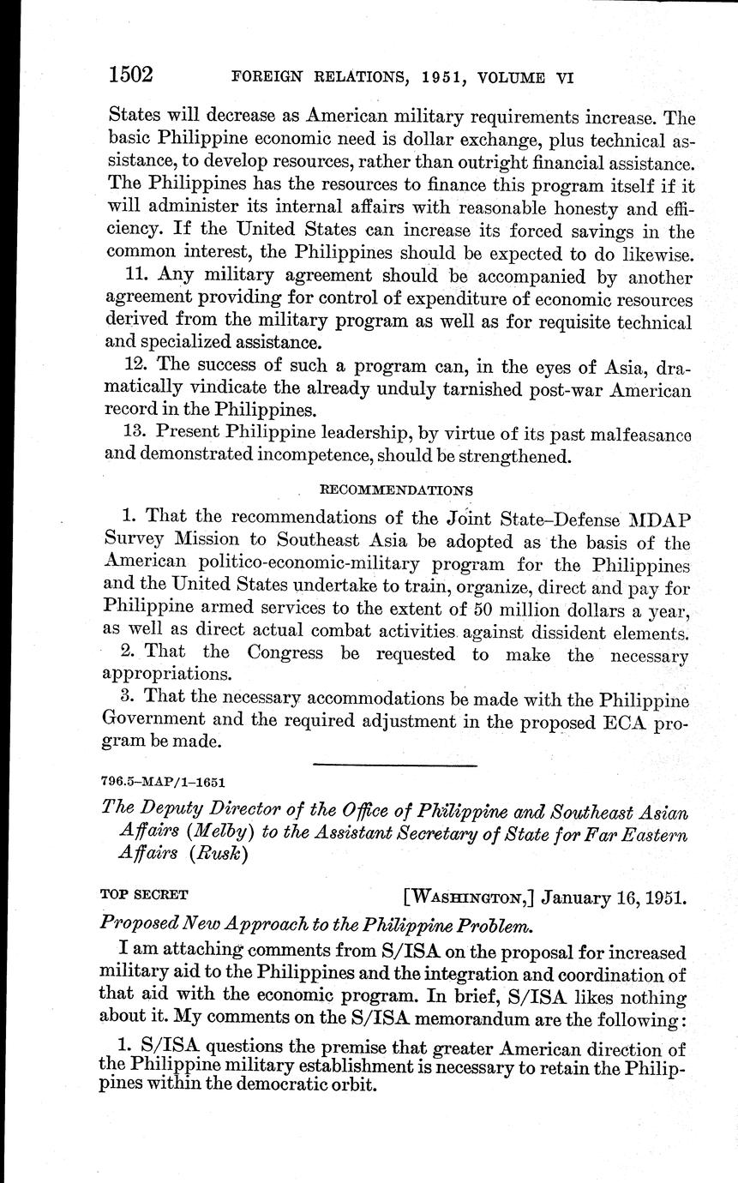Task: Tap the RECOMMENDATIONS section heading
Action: pos(395,490)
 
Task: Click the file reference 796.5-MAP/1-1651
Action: pos(164,782)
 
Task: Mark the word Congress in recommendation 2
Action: pos(285,652)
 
